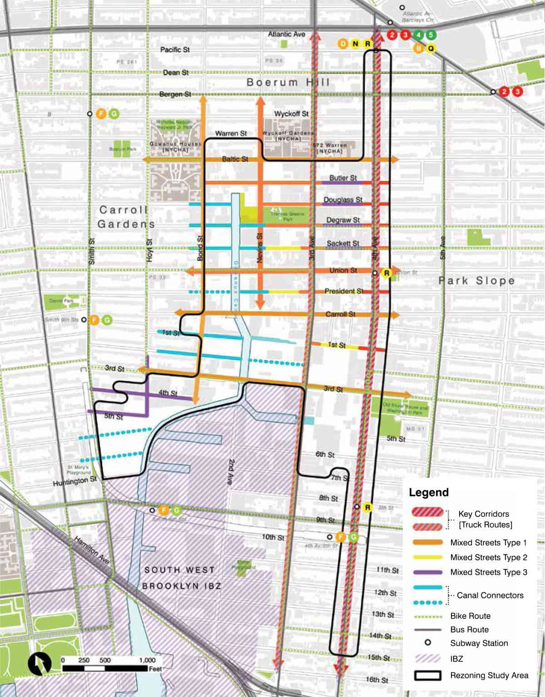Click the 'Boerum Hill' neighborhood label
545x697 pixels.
pos(288,82)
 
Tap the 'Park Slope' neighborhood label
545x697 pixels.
pos(476,281)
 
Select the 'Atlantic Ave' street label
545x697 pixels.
pos(286,34)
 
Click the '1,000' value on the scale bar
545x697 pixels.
pos(147,660)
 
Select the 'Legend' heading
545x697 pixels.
pos(428,493)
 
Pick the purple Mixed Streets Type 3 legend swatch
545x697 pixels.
pos(427,572)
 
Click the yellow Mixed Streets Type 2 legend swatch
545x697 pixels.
pos(427,557)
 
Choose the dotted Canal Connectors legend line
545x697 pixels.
pos(427,603)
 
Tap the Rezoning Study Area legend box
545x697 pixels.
pos(427,675)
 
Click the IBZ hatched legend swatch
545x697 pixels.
pos(427,658)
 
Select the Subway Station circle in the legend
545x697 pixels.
pos(427,643)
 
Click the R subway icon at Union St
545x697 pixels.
pos(386,273)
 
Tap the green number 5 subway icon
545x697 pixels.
pos(431,35)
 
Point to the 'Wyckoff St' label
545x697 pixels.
pos(291,114)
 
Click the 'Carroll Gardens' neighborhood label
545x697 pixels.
pos(125,217)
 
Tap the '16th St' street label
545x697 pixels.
pos(377,680)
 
